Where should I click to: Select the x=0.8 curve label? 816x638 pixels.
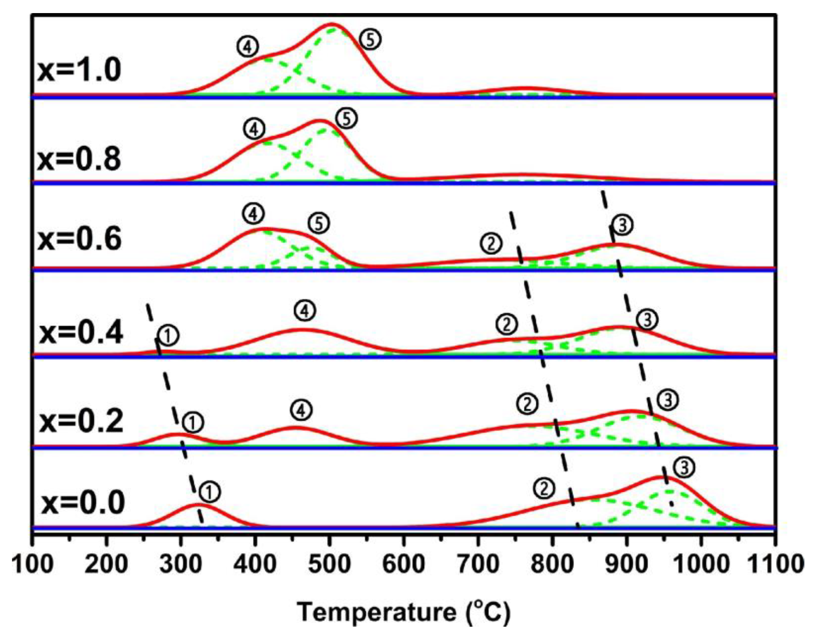click(x=79, y=159)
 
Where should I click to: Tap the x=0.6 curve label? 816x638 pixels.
click(x=79, y=239)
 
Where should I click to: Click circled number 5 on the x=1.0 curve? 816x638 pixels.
click(x=370, y=40)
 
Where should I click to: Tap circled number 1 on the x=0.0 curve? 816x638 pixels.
click(x=210, y=492)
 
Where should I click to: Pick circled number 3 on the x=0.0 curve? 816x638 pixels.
click(x=684, y=468)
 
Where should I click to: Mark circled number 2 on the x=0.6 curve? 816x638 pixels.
click(x=492, y=244)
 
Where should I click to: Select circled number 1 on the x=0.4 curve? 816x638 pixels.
click(x=168, y=336)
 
